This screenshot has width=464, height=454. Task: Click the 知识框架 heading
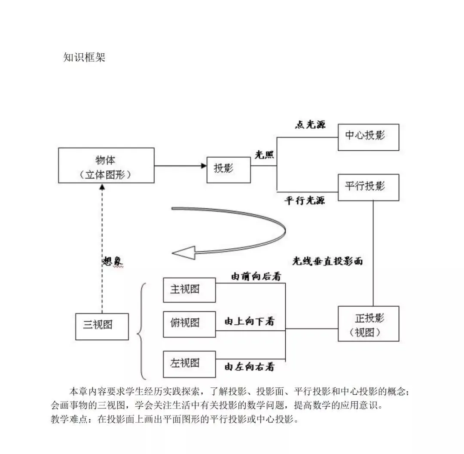pos(84,58)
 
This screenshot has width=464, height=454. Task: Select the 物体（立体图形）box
pos(106,166)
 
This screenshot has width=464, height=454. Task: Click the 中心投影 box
pos(368,137)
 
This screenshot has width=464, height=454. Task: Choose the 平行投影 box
pos(368,187)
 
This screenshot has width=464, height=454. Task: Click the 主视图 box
pos(189,290)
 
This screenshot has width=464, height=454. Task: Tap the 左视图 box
pos(189,364)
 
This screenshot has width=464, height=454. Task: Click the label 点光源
pos(310,125)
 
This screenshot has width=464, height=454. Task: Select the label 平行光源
pos(305,201)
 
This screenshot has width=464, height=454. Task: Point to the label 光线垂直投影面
pos(327,261)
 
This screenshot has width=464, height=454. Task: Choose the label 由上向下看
pos(250,321)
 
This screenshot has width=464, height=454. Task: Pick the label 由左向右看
pos(250,367)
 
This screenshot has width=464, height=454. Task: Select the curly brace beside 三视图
pos(142,331)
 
